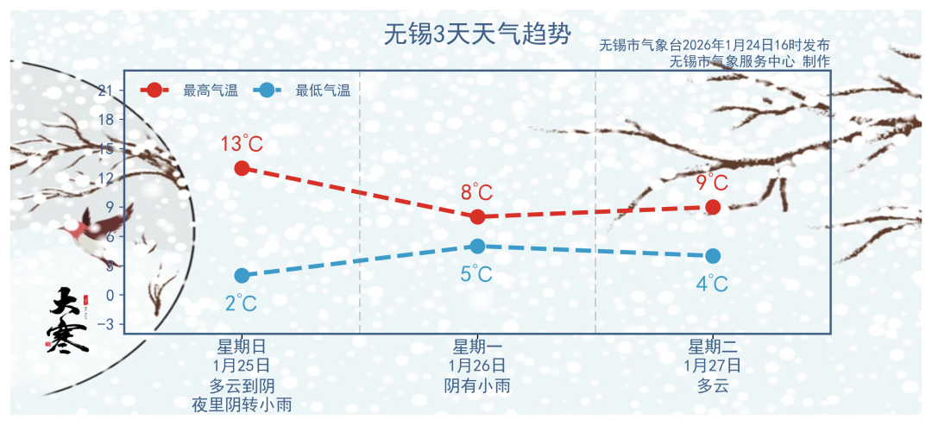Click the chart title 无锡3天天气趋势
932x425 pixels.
476,34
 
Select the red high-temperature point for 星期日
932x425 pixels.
242,168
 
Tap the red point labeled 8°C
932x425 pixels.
477,216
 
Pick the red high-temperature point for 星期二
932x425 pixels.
713,207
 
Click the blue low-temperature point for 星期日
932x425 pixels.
242,275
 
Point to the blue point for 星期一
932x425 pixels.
477,246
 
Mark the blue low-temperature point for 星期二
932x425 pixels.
713,256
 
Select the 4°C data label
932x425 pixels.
713,284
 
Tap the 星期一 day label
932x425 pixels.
477,347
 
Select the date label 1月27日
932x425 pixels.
713,366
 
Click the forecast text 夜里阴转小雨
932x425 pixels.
242,403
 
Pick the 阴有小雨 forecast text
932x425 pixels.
477,385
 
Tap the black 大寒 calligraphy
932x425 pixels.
68,320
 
